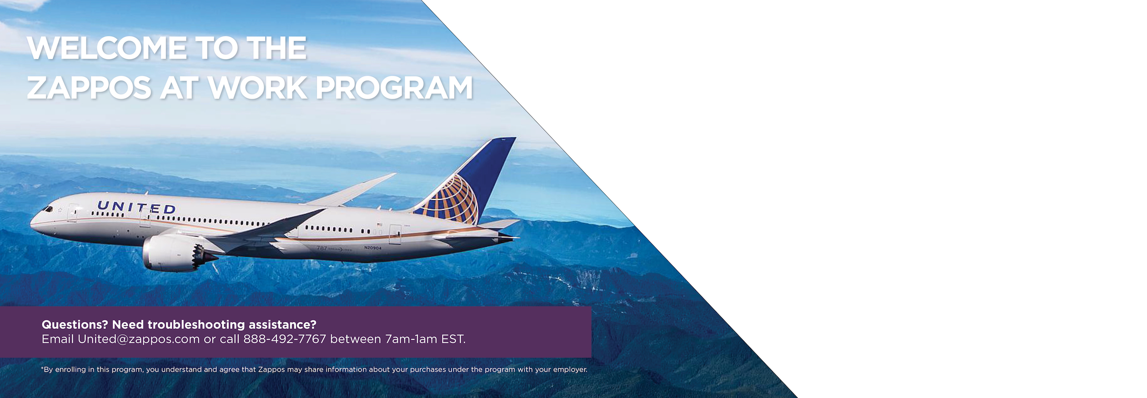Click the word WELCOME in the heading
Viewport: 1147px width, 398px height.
[x=107, y=48]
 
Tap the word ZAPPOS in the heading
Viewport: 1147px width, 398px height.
[x=89, y=88]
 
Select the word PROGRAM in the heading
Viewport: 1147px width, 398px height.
[x=394, y=88]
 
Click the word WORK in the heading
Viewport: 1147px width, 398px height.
[x=257, y=88]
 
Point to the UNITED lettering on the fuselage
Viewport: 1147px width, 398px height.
[x=136, y=207]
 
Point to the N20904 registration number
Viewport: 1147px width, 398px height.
[x=373, y=248]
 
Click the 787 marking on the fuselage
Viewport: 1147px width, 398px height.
[x=321, y=248]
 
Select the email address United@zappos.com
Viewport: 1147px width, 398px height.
[x=139, y=339]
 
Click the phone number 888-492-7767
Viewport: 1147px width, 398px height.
[x=284, y=339]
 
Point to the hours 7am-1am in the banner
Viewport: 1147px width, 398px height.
[x=411, y=339]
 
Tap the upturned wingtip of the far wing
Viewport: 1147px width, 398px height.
[x=391, y=175]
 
